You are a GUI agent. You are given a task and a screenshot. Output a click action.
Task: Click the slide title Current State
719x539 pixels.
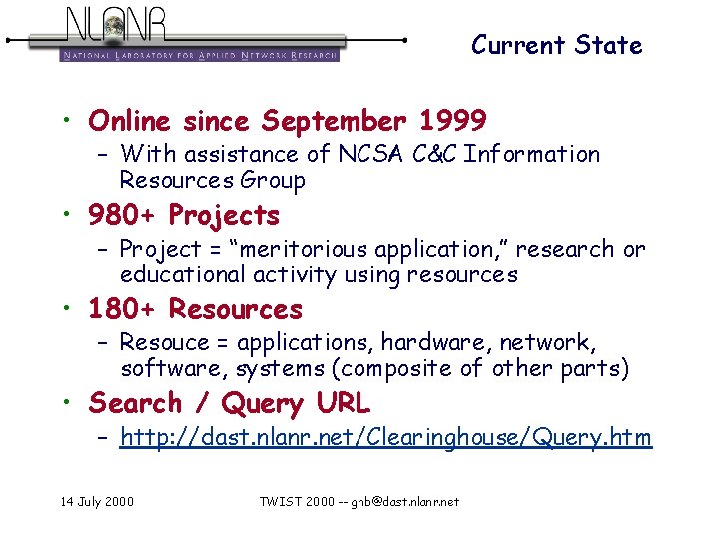(556, 45)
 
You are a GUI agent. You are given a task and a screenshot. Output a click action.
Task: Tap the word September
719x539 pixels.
(334, 121)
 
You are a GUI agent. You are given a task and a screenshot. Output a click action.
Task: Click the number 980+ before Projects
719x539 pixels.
(124, 216)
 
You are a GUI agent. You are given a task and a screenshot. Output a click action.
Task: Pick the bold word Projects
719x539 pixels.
(224, 216)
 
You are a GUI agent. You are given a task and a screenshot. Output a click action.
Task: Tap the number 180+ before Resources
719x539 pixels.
(124, 309)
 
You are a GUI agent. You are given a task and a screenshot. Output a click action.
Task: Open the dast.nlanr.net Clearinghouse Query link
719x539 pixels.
(385, 437)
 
